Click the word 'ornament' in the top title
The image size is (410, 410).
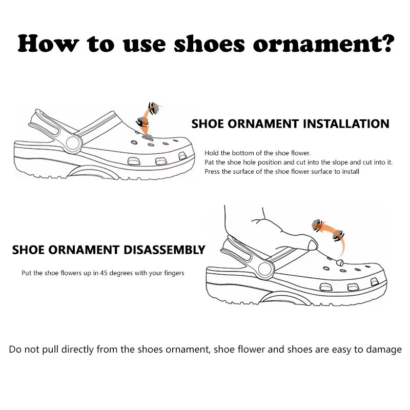coord(315,44)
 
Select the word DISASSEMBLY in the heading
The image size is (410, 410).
coord(164,250)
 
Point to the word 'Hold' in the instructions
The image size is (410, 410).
coord(212,153)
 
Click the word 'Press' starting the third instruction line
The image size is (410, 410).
coord(212,172)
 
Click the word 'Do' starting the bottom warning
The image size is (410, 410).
coord(15,350)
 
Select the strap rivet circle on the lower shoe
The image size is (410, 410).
coord(265,269)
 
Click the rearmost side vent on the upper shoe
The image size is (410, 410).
coord(134,161)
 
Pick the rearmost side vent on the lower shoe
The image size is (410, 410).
coord(326,287)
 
